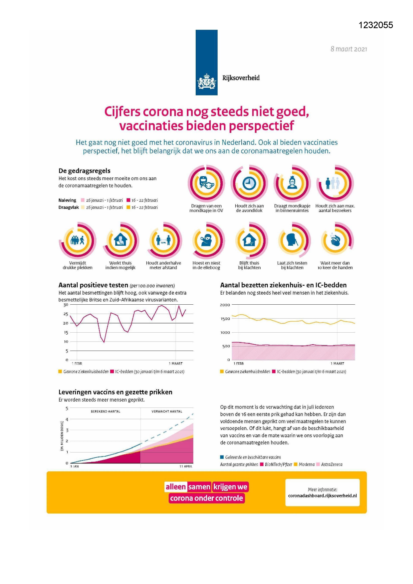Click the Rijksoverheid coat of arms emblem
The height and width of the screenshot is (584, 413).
[207, 82]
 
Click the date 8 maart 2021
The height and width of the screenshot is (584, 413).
[348, 49]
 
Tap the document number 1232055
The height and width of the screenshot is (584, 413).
[376, 25]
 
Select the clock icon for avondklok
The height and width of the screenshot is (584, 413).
[249, 183]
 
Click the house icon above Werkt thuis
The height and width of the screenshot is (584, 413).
[120, 240]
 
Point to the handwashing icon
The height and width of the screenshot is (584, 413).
[335, 240]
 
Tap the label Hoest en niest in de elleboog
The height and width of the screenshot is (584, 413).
[206, 265]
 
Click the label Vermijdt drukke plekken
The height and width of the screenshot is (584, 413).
[78, 265]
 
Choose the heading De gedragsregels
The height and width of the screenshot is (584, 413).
[85, 171]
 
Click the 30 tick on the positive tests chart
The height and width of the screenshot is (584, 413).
[66, 305]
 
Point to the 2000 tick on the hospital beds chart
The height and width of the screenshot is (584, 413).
[225, 305]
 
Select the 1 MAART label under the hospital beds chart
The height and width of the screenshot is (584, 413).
[337, 363]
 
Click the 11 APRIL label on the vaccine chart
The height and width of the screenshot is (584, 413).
[186, 466]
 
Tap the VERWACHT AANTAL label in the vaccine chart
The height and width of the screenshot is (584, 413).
[167, 411]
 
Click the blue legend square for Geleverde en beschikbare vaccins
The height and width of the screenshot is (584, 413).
[222, 457]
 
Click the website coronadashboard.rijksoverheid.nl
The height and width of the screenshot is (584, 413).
[322, 495]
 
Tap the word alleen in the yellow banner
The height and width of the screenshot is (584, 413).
[176, 487]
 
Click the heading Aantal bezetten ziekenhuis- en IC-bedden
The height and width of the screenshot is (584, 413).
[283, 285]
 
